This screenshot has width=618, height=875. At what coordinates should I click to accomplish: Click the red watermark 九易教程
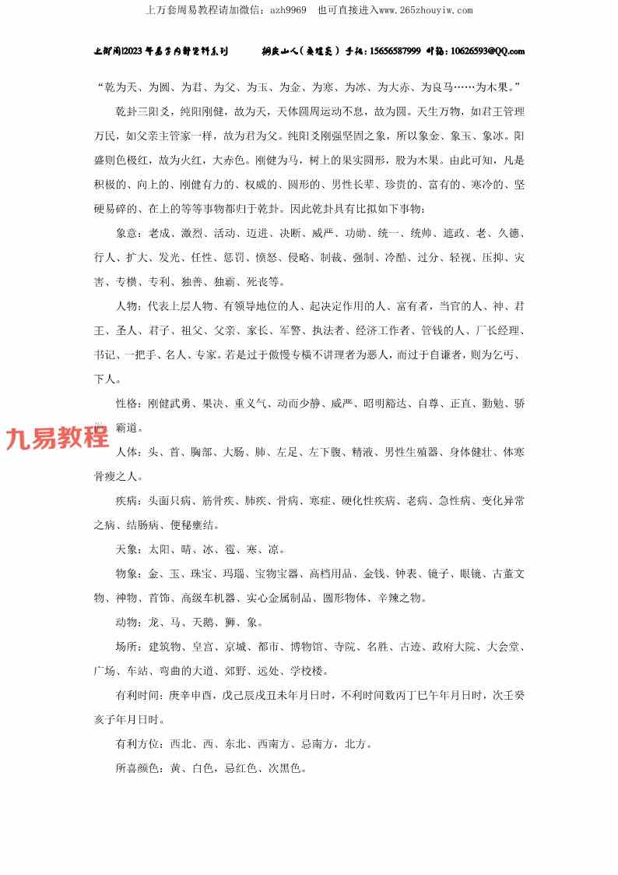point(58,439)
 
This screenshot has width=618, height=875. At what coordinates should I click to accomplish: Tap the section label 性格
point(126,404)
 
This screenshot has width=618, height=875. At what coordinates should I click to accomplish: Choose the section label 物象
point(126,574)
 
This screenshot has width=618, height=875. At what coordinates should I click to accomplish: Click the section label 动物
point(126,623)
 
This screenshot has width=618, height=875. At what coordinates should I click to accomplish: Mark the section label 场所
point(126,647)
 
